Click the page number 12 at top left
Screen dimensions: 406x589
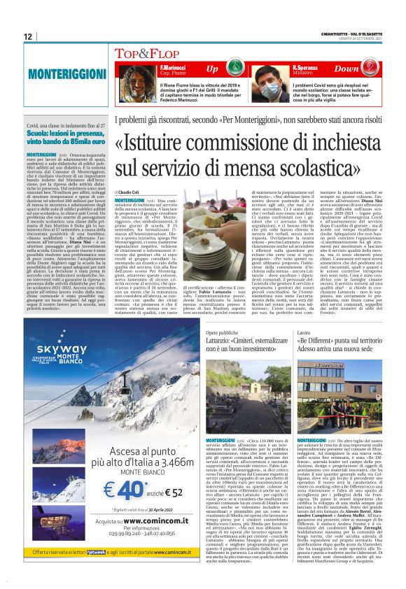tap(27, 37)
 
